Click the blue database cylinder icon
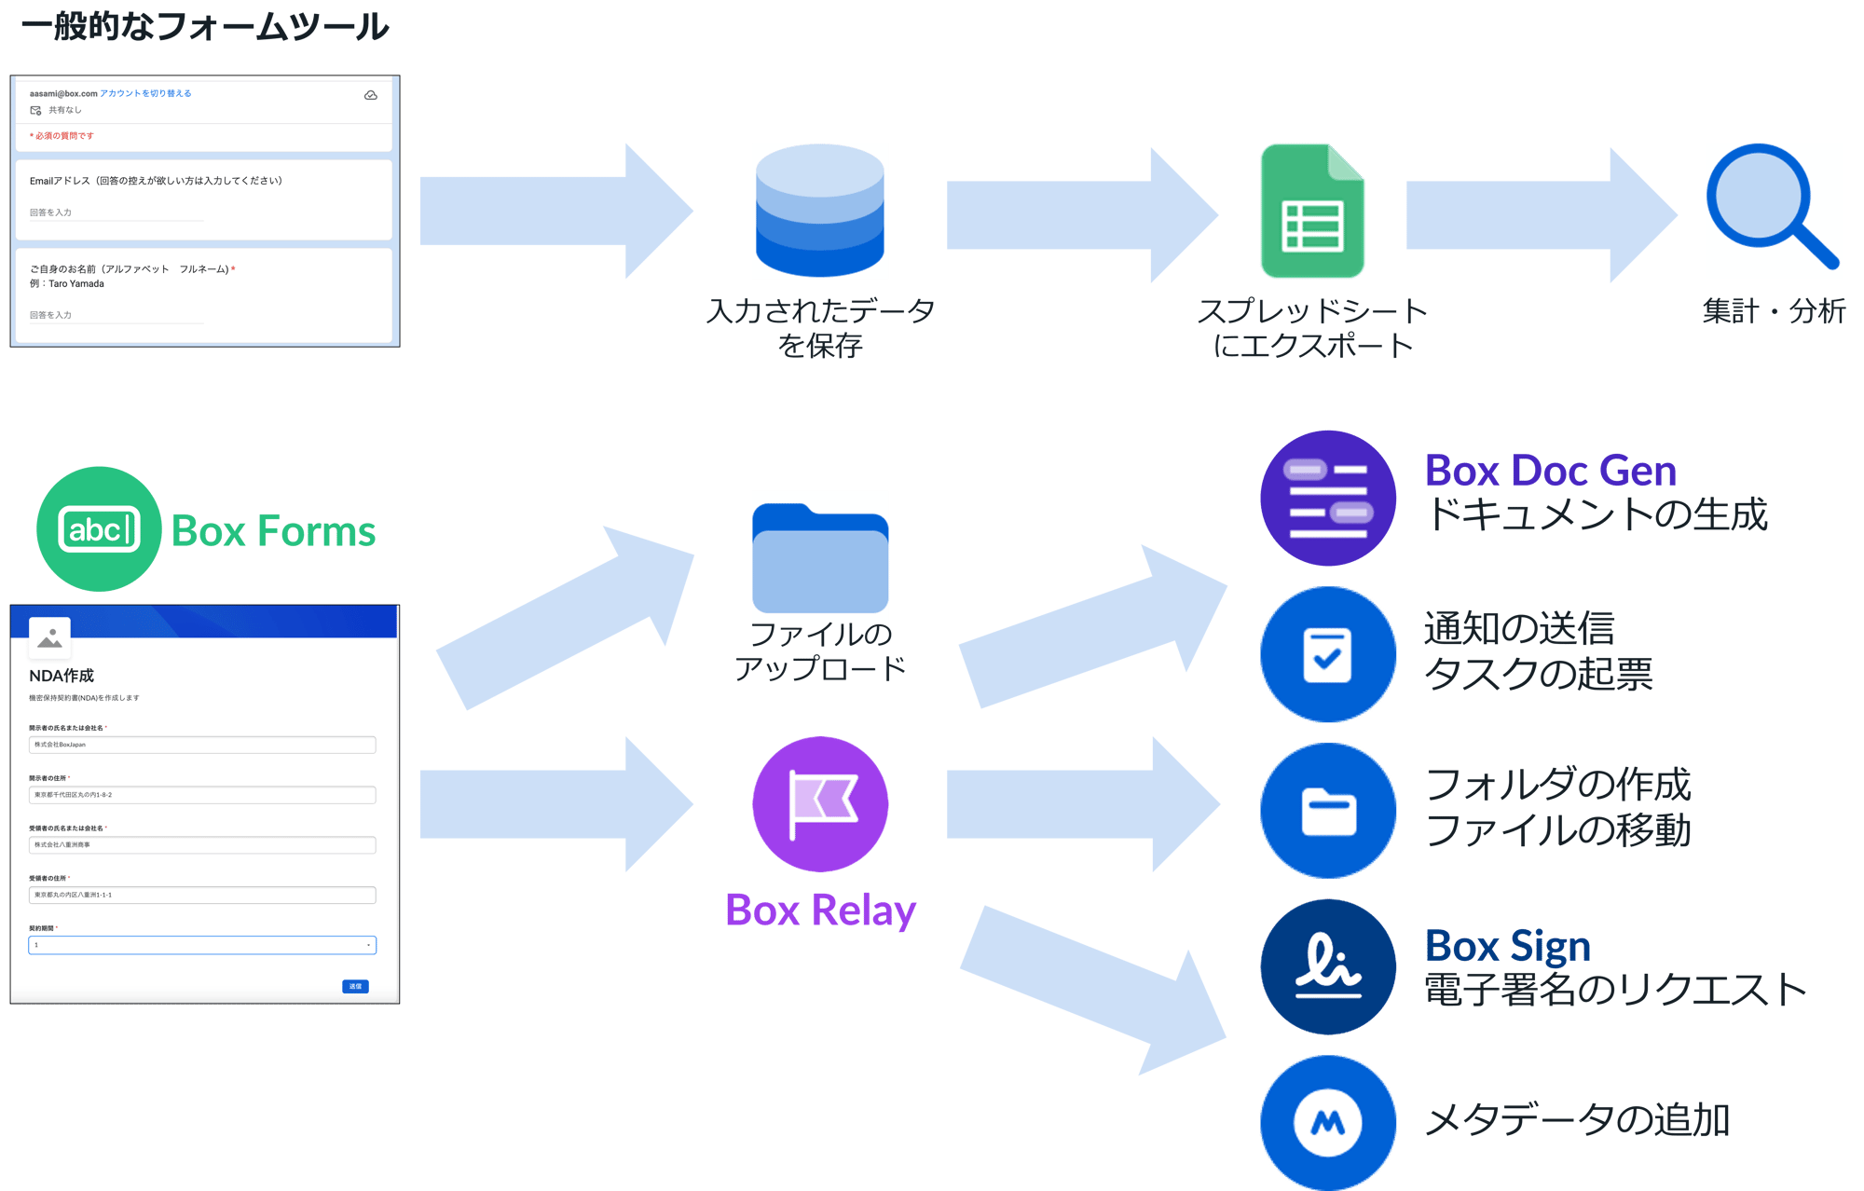(820, 211)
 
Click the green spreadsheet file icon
(1312, 212)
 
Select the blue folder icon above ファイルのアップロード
(820, 557)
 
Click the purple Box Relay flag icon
(820, 803)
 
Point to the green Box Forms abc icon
(99, 529)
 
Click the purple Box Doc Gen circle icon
(1328, 498)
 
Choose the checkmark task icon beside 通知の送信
(1328, 654)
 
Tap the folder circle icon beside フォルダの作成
(1328, 811)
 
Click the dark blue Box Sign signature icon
(1328, 966)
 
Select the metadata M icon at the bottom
(1328, 1122)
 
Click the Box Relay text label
(820, 910)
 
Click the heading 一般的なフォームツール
(205, 26)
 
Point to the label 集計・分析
(1774, 310)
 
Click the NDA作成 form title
(62, 676)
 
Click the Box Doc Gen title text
(1550, 472)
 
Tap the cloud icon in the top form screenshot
(371, 95)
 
